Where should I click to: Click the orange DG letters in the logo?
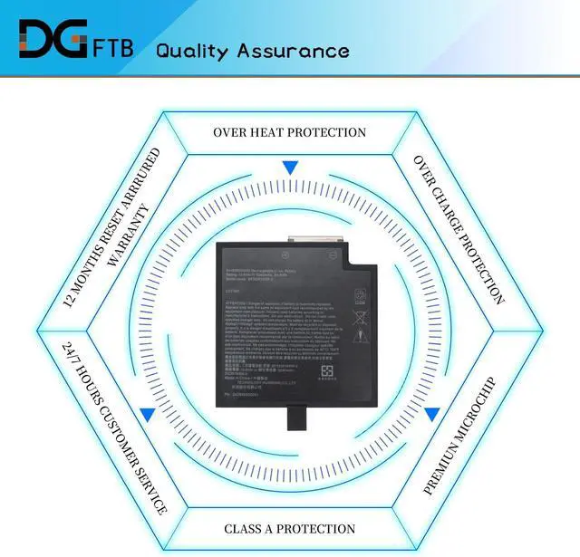click(x=51, y=42)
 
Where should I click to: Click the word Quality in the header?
click(x=195, y=50)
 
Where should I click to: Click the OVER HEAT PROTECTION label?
click(x=289, y=132)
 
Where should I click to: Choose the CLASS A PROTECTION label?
click(x=289, y=528)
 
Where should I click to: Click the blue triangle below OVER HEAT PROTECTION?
click(x=289, y=168)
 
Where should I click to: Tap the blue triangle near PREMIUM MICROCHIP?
click(x=432, y=414)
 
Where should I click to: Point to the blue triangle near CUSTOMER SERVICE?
click(x=145, y=414)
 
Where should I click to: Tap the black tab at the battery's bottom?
click(x=295, y=418)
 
